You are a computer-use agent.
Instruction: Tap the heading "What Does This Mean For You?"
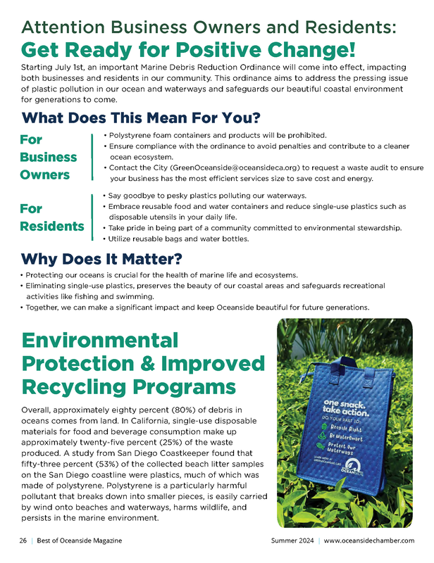(141, 116)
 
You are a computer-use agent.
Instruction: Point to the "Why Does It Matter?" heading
(108, 258)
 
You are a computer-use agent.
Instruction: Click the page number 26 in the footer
(23, 540)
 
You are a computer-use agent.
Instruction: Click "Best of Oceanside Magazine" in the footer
(80, 540)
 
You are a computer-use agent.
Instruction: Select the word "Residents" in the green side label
(52, 227)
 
